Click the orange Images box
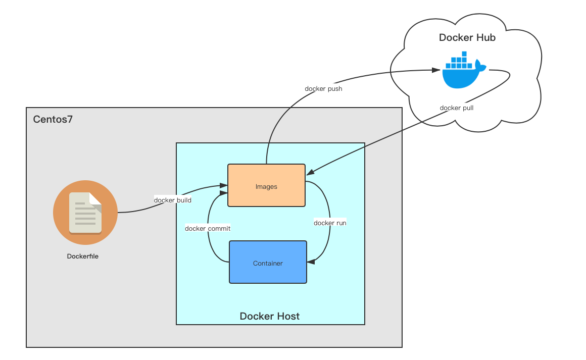click(266, 185)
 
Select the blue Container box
click(268, 262)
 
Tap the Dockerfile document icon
click(85, 213)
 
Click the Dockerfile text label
click(82, 256)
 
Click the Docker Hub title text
click(467, 37)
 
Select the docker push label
click(323, 88)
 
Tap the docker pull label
click(456, 108)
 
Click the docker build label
click(173, 200)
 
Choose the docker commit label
click(208, 228)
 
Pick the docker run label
click(330, 223)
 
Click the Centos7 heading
click(53, 119)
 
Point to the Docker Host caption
click(269, 316)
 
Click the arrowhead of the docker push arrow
click(436, 70)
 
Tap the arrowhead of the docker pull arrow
click(310, 172)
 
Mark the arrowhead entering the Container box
click(311, 262)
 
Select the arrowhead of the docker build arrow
click(223, 186)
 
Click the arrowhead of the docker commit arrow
click(223, 193)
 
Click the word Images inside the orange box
click(266, 186)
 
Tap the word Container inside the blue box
click(268, 263)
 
